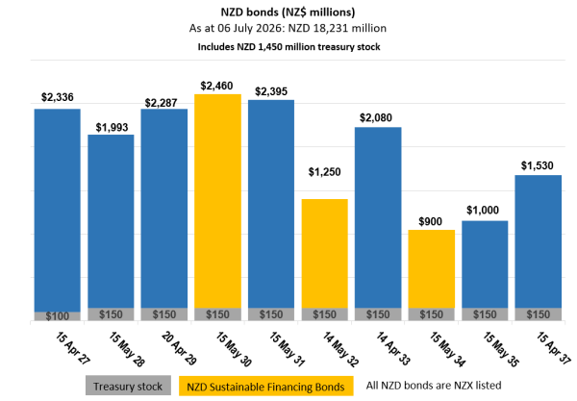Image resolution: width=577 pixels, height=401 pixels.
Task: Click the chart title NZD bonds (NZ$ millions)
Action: click(288, 13)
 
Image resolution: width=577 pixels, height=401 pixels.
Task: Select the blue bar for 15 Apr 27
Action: click(58, 210)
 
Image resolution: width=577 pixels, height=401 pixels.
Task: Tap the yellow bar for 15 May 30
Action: click(218, 201)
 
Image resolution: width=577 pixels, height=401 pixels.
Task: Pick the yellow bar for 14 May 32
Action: click(325, 254)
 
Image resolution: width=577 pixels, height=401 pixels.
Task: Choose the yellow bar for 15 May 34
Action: click(431, 269)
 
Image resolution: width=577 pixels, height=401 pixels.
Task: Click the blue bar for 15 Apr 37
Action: click(538, 241)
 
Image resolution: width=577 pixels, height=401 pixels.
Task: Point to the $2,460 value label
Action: click(216, 86)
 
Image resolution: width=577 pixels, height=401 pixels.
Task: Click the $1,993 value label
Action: click(112, 127)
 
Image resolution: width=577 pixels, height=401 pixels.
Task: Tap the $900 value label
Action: click(430, 221)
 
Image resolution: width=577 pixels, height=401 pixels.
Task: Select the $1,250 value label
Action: click(325, 172)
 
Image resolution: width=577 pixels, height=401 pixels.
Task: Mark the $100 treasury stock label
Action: click(58, 316)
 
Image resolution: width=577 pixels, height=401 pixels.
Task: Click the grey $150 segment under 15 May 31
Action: click(271, 314)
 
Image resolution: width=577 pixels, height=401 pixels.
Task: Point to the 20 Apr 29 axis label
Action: click(179, 348)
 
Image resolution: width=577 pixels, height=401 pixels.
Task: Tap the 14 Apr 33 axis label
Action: click(392, 348)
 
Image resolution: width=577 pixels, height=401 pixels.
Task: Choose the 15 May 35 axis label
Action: click(500, 349)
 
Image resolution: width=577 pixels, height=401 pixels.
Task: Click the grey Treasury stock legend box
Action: click(128, 386)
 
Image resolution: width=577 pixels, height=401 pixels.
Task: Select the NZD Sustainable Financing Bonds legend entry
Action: click(265, 386)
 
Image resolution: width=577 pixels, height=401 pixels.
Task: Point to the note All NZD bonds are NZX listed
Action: click(434, 386)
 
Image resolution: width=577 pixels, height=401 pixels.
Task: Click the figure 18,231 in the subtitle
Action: click(330, 28)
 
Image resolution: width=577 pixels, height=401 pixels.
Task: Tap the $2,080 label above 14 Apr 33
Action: click(376, 117)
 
